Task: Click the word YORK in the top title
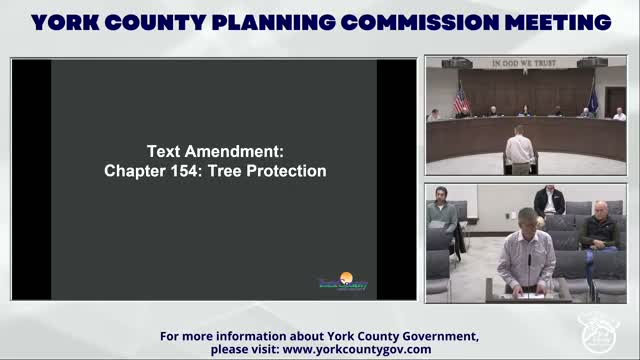[69, 22]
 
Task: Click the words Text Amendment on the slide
[215, 151]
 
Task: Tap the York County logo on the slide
[342, 282]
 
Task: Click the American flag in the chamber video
[461, 99]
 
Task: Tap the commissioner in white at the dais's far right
[619, 114]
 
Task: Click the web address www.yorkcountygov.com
[357, 349]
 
